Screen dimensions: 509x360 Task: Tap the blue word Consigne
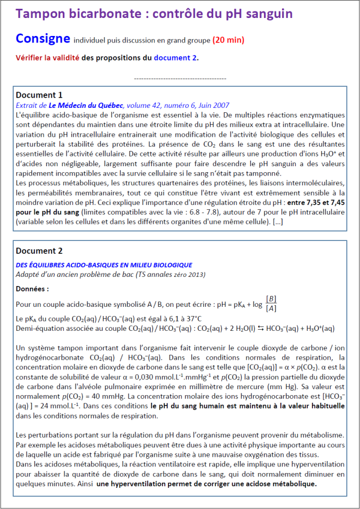[x=43, y=39]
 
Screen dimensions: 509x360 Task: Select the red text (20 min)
[x=228, y=40]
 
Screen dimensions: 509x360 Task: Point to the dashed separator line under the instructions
[x=179, y=78]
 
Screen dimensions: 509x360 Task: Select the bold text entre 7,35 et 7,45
[x=319, y=203]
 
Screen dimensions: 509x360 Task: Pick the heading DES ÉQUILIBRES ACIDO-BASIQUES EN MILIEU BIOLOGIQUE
[x=104, y=264]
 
